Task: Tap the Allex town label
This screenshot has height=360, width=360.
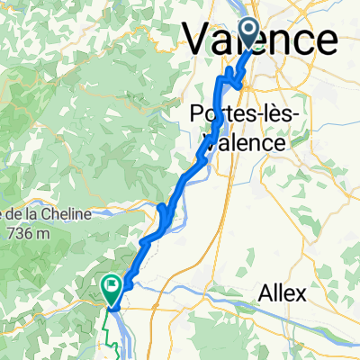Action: tap(282, 293)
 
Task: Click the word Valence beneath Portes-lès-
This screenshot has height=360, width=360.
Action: tap(244, 141)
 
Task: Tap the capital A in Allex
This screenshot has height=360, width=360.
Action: tap(265, 293)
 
